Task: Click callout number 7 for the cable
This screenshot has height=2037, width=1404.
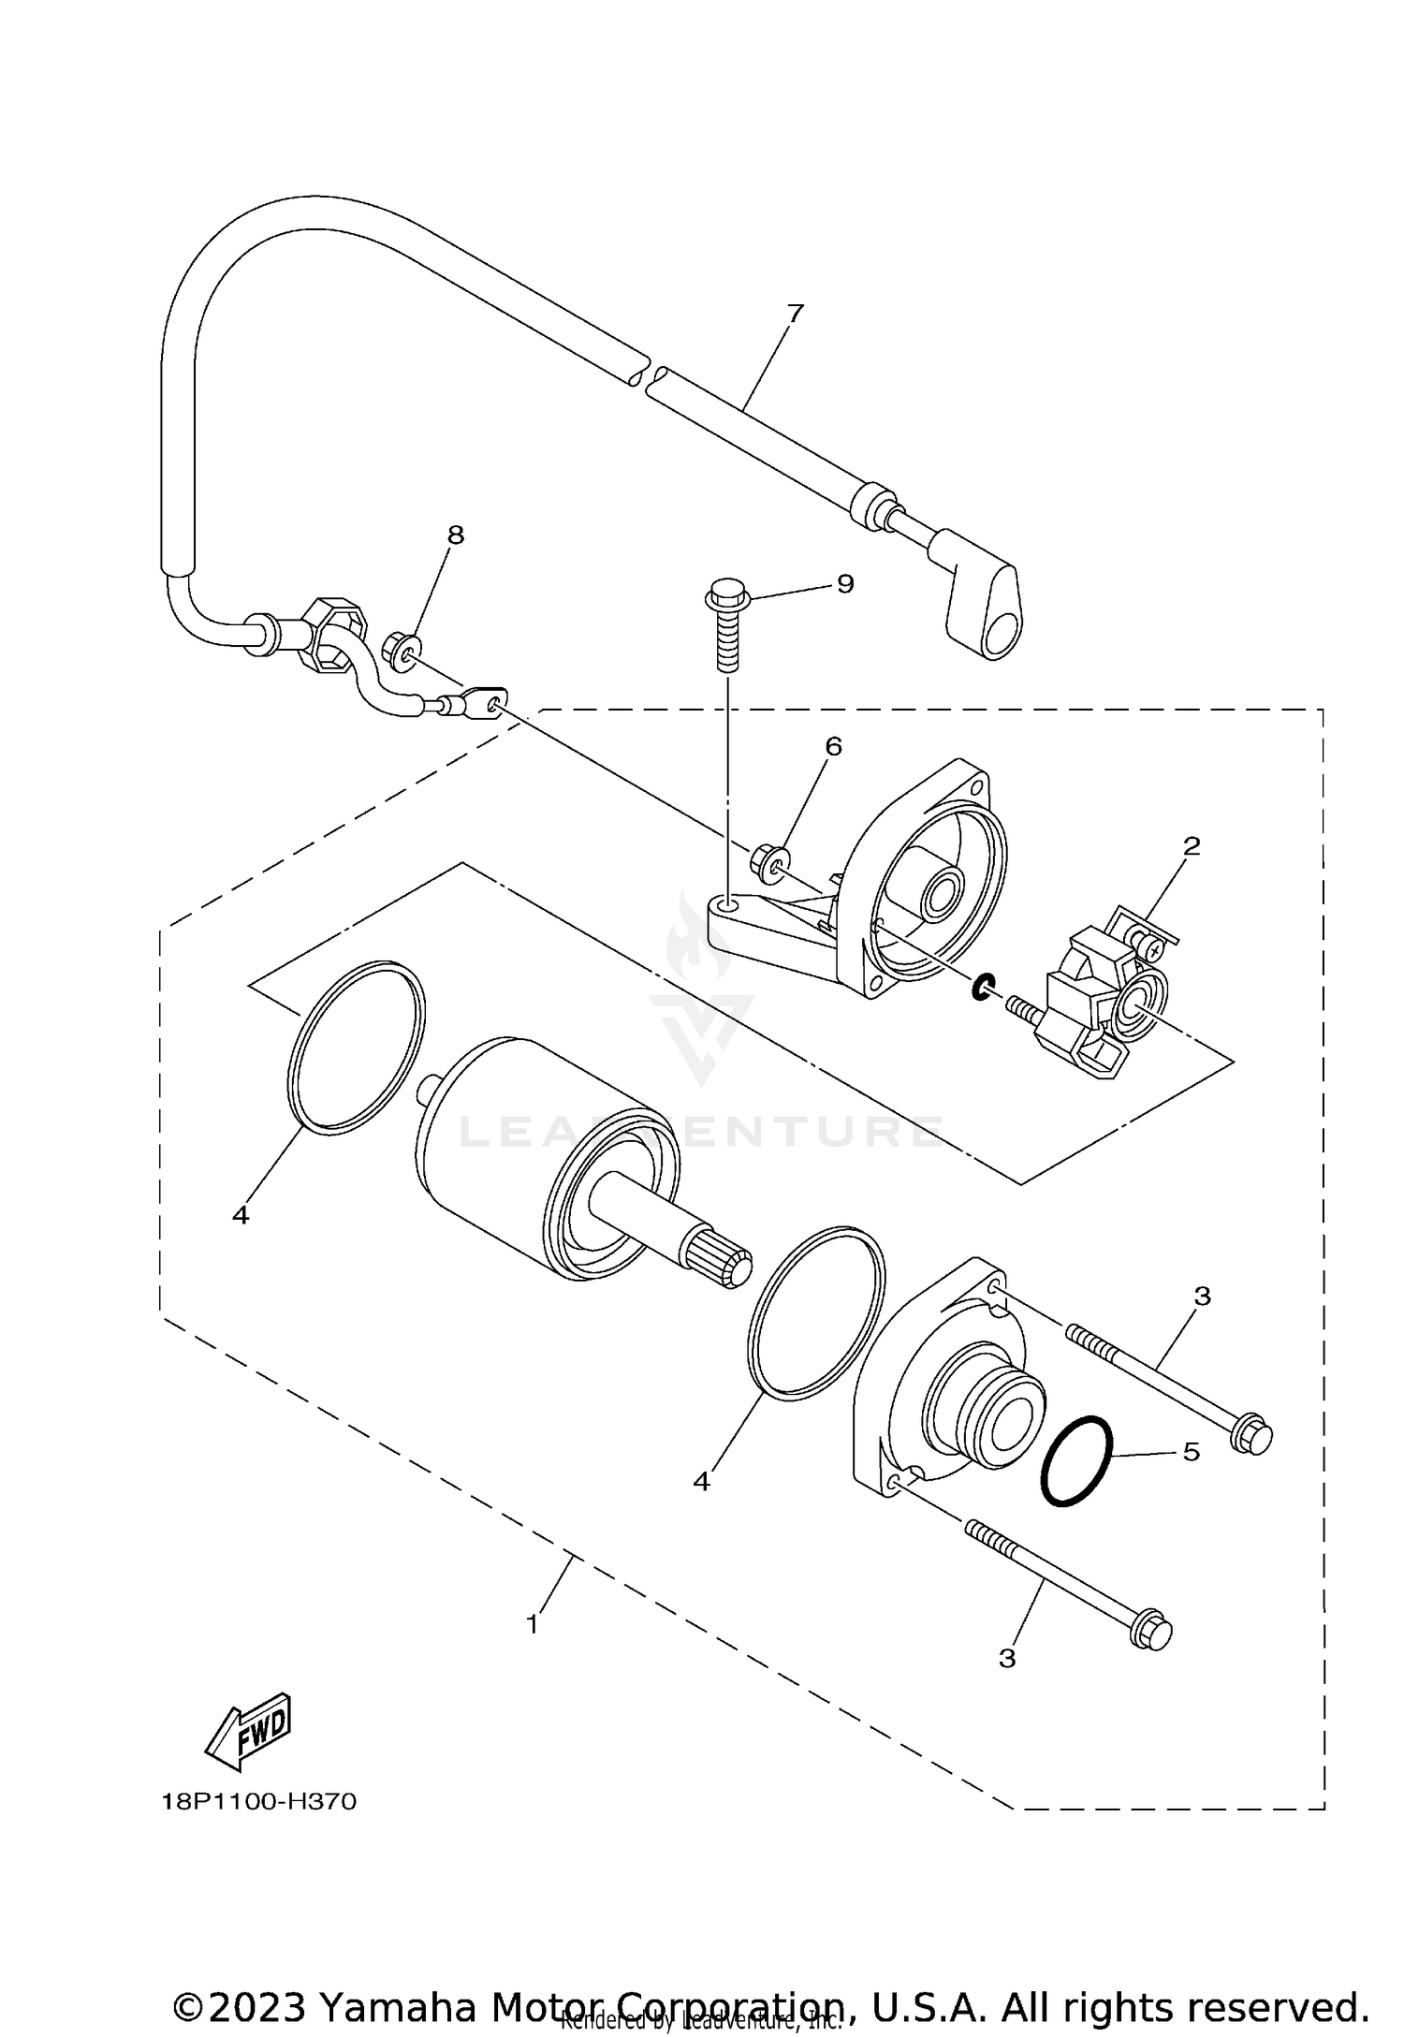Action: coord(795,314)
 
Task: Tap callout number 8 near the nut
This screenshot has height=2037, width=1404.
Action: coord(455,535)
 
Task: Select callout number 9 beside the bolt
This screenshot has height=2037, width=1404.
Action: coord(844,584)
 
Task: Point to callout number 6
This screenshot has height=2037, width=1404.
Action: coord(833,746)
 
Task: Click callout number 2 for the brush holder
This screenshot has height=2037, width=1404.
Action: coord(1191,846)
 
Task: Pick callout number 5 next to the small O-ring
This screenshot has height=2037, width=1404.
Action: coord(1191,1452)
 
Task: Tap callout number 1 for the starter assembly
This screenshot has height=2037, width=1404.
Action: coord(533,1624)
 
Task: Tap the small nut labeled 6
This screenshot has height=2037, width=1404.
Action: coord(768,859)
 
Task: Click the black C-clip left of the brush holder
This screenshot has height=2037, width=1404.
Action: coord(982,987)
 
